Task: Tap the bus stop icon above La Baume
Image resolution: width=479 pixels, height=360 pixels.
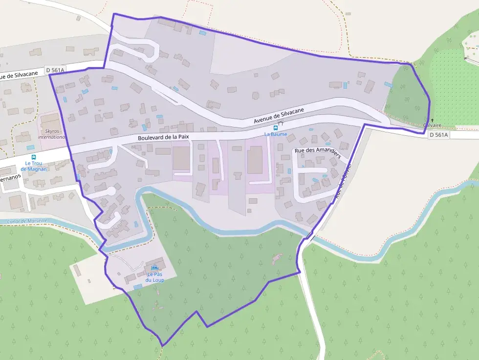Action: [x=275, y=127]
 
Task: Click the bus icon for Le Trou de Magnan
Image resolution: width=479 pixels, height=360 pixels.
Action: [x=34, y=157]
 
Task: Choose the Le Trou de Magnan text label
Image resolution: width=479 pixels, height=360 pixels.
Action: [x=34, y=166]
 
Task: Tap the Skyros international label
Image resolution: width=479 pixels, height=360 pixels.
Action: [x=52, y=134]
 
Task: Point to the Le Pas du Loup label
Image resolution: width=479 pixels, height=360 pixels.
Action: [x=155, y=277]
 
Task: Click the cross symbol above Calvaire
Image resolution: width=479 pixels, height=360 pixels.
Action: [x=432, y=120]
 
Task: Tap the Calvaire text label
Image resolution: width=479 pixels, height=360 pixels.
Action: [x=432, y=126]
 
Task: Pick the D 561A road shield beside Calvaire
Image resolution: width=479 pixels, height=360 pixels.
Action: [x=438, y=135]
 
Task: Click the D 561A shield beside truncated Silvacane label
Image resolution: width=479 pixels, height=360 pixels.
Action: [x=55, y=70]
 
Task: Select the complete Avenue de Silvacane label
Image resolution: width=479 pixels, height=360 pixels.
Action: [x=279, y=116]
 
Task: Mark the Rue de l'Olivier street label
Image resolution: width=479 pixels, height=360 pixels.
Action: [x=344, y=181]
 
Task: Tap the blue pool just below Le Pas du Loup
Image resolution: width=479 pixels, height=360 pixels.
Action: [x=138, y=287]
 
